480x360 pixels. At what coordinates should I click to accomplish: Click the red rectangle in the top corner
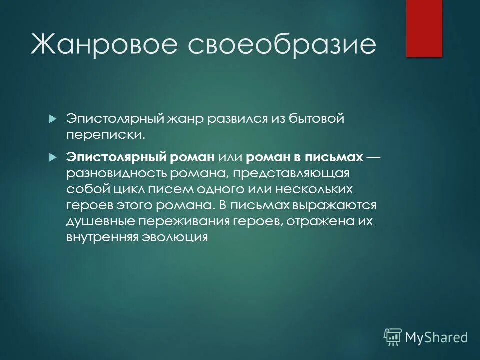click(424, 28)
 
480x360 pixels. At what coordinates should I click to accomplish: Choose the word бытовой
click(318, 119)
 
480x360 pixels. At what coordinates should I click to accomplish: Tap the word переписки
click(105, 135)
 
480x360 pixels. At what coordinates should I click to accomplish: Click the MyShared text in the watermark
click(436, 337)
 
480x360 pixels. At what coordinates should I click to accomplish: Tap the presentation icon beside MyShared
click(393, 337)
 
